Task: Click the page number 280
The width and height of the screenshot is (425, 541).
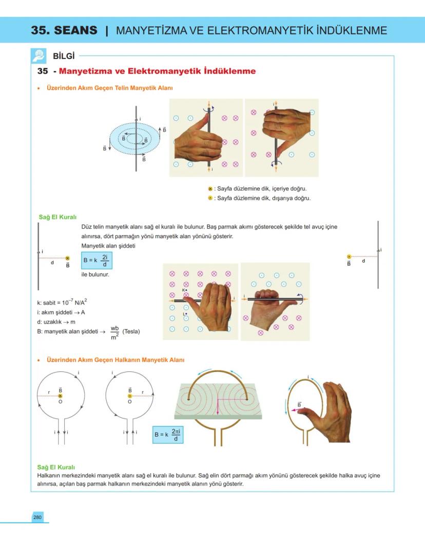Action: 37,517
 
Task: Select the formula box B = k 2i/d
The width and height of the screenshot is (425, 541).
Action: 96,261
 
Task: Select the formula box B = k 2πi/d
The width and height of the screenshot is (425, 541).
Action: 168,435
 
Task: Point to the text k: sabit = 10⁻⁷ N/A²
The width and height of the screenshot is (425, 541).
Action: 58,303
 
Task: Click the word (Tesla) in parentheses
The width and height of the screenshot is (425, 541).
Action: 131,331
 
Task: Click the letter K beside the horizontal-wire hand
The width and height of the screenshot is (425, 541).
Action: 183,290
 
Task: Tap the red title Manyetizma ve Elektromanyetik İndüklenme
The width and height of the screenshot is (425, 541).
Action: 157,71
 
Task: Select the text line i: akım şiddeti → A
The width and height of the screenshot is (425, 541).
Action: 57,312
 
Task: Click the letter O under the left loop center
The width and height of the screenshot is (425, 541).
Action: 60,402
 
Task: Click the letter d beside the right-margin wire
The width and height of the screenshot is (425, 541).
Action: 363,261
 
